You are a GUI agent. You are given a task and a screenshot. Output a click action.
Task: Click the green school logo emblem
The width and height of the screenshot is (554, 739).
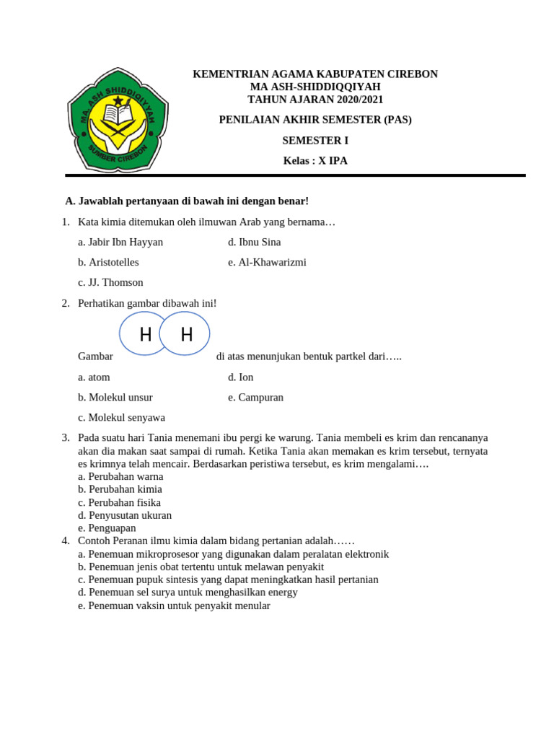point(118,120)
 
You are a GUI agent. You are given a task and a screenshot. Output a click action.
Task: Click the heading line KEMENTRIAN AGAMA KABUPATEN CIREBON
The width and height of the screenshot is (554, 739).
point(315,74)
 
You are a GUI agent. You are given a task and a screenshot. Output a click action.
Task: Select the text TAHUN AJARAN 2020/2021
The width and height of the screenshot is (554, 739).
point(315,100)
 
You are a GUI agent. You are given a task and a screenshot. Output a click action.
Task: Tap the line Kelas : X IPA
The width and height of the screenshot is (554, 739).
point(315,161)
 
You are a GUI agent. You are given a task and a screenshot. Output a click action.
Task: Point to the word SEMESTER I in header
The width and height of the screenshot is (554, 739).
point(315,141)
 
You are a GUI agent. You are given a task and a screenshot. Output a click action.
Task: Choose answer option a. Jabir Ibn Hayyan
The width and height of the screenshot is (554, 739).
point(120,242)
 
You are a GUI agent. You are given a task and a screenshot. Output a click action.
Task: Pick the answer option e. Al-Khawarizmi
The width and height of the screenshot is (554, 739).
point(267,263)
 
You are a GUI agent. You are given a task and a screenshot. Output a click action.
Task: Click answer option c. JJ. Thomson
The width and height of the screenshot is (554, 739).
point(110,283)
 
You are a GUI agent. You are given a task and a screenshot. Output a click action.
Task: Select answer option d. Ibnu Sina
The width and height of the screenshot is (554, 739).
point(254,242)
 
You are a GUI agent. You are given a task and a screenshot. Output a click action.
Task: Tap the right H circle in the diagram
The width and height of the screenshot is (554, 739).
point(186,334)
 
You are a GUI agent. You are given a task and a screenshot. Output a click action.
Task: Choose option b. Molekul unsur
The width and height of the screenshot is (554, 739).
point(115,398)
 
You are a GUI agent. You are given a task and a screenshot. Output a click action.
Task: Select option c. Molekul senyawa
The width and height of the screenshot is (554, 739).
point(121,418)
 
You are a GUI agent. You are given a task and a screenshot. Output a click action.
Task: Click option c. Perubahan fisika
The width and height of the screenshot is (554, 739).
point(119,502)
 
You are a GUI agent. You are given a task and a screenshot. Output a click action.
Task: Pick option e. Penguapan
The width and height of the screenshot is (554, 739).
point(107,528)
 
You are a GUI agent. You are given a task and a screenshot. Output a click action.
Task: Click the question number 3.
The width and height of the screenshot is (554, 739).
point(66,438)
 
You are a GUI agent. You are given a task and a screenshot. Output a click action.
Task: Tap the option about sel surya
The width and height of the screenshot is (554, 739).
point(188,592)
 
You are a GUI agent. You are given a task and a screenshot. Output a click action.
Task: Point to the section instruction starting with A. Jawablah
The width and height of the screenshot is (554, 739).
point(187,201)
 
